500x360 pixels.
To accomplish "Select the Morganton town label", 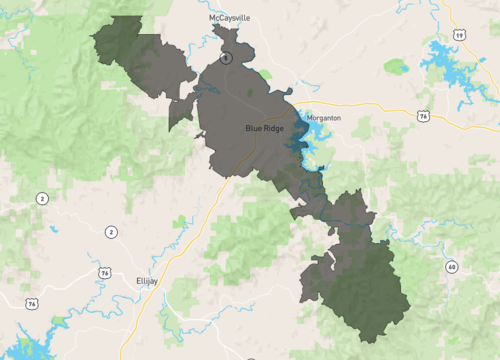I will click(323, 118).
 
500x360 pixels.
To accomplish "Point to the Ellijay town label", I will click(147, 281).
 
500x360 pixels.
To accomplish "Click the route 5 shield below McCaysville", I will click(227, 58).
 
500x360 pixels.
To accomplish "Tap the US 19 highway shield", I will click(459, 35).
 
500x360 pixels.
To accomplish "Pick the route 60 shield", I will click(452, 266).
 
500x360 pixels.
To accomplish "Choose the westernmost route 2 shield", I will click(42, 198).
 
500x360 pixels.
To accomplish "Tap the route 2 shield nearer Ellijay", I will click(110, 232).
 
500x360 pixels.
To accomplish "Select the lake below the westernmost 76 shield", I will click(25, 345).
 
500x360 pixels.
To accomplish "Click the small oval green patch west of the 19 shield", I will click(396, 67).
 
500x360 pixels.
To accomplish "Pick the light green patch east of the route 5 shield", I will click(265, 75).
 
